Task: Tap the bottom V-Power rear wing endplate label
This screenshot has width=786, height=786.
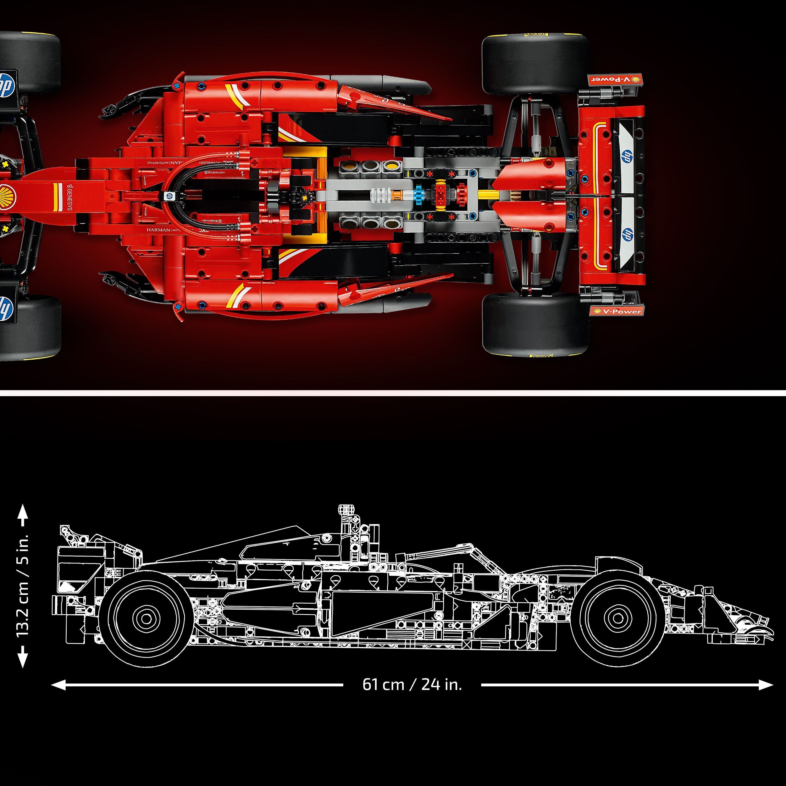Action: click(x=616, y=311)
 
